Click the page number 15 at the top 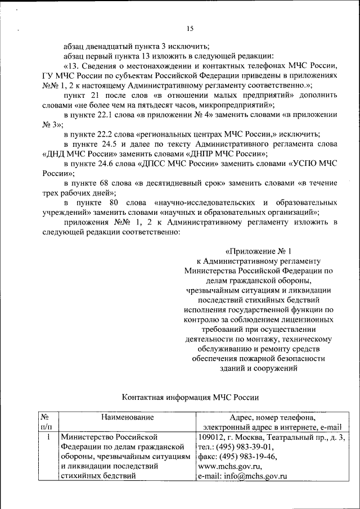pyautogui.click(x=190, y=29)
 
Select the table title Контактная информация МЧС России pyautogui.click(x=190, y=398)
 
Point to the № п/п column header pyautogui.click(x=47, y=422)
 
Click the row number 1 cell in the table pyautogui.click(x=49, y=436)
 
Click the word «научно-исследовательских pyautogui.click(x=203, y=202)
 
